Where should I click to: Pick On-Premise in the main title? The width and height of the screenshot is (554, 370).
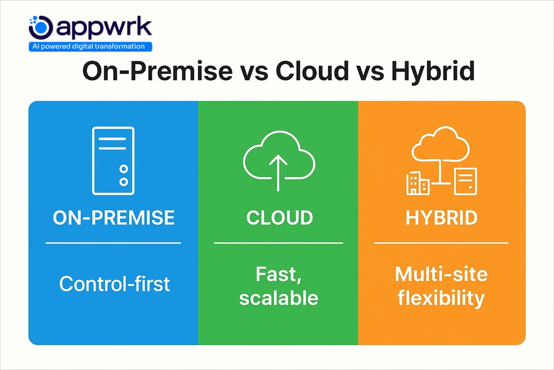157,71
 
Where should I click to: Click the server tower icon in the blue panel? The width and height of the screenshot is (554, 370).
113,161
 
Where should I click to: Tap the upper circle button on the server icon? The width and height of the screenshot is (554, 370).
124,169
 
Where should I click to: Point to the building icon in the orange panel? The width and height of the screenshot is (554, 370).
417,183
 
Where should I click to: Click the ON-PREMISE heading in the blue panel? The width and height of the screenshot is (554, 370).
114,218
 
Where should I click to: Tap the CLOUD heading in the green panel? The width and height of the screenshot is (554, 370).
279,218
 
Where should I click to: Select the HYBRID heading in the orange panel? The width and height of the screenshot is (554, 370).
441,218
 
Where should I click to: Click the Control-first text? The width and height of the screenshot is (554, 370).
114,284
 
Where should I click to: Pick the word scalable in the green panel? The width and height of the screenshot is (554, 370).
279,298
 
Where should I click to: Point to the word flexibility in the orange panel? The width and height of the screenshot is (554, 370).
441,298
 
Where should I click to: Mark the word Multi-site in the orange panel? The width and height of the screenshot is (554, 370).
441,275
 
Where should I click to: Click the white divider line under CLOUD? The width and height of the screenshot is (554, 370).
278,243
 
